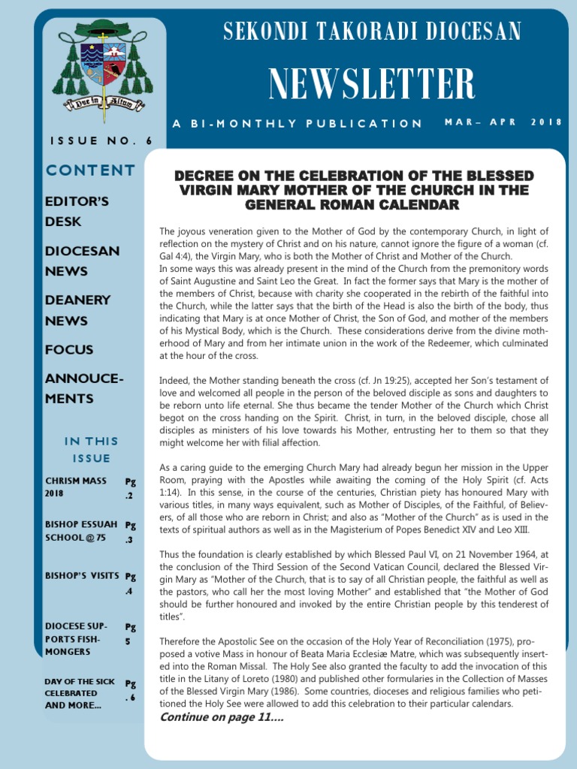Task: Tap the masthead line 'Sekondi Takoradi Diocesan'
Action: point(372,32)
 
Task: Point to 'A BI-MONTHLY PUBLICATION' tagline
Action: point(298,123)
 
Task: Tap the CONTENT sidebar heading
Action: point(90,170)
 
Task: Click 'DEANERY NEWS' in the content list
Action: point(77,310)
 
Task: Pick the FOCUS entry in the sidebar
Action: point(69,349)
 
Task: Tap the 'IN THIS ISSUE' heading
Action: point(91,449)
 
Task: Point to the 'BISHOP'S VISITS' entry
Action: point(82,576)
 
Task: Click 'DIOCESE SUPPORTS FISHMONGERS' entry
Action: point(76,638)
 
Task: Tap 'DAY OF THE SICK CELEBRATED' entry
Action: point(79,693)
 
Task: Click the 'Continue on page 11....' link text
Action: point(222,717)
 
